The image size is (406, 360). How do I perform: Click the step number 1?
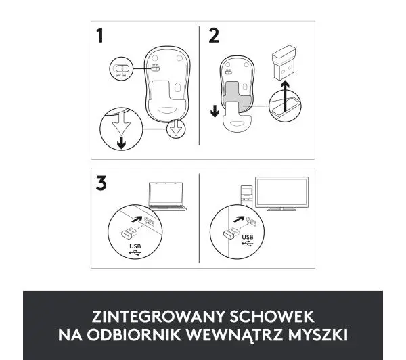(101, 37)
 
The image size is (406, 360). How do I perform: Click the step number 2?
(214, 37)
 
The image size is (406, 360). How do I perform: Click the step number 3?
(101, 185)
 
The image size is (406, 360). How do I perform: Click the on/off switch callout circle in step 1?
(121, 69)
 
